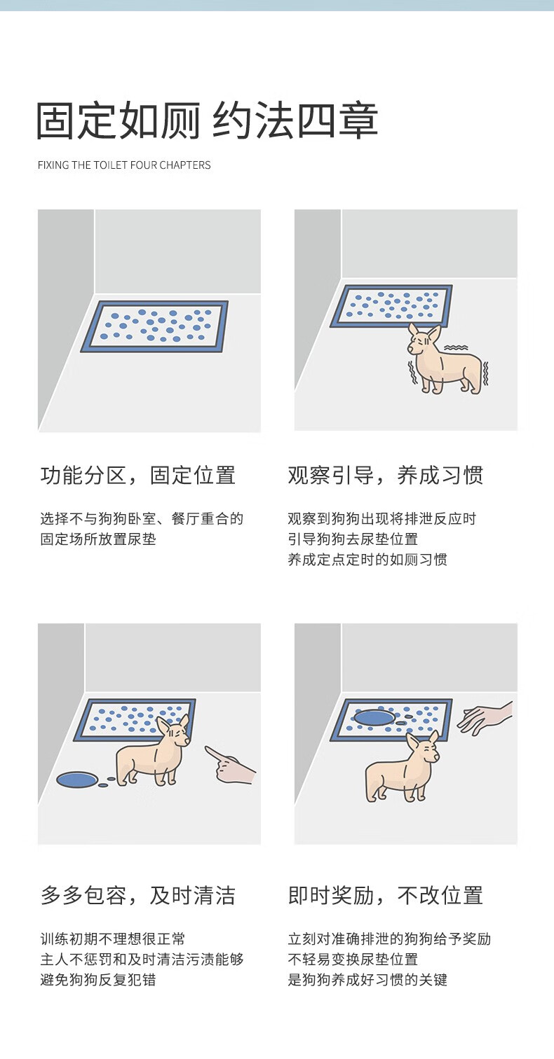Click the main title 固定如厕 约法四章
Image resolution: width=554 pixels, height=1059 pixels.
tap(208, 120)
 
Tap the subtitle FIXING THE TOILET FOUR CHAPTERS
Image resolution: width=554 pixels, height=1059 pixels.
tap(124, 165)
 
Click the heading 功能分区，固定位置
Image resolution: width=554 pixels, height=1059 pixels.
tap(137, 476)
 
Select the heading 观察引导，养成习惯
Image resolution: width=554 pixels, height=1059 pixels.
tap(386, 476)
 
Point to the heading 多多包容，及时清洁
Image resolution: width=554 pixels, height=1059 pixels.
tap(137, 895)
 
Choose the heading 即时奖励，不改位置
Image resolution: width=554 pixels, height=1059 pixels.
tap(386, 895)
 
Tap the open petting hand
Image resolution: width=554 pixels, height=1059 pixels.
tap(484, 718)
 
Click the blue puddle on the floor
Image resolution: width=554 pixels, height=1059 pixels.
tap(77, 779)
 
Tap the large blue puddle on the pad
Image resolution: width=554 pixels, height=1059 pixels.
tap(374, 717)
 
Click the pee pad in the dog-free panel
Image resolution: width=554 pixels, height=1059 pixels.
tap(154, 326)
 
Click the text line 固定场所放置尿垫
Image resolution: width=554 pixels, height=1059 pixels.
tap(98, 539)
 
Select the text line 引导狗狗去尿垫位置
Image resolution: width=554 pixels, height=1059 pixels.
tap(353, 539)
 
